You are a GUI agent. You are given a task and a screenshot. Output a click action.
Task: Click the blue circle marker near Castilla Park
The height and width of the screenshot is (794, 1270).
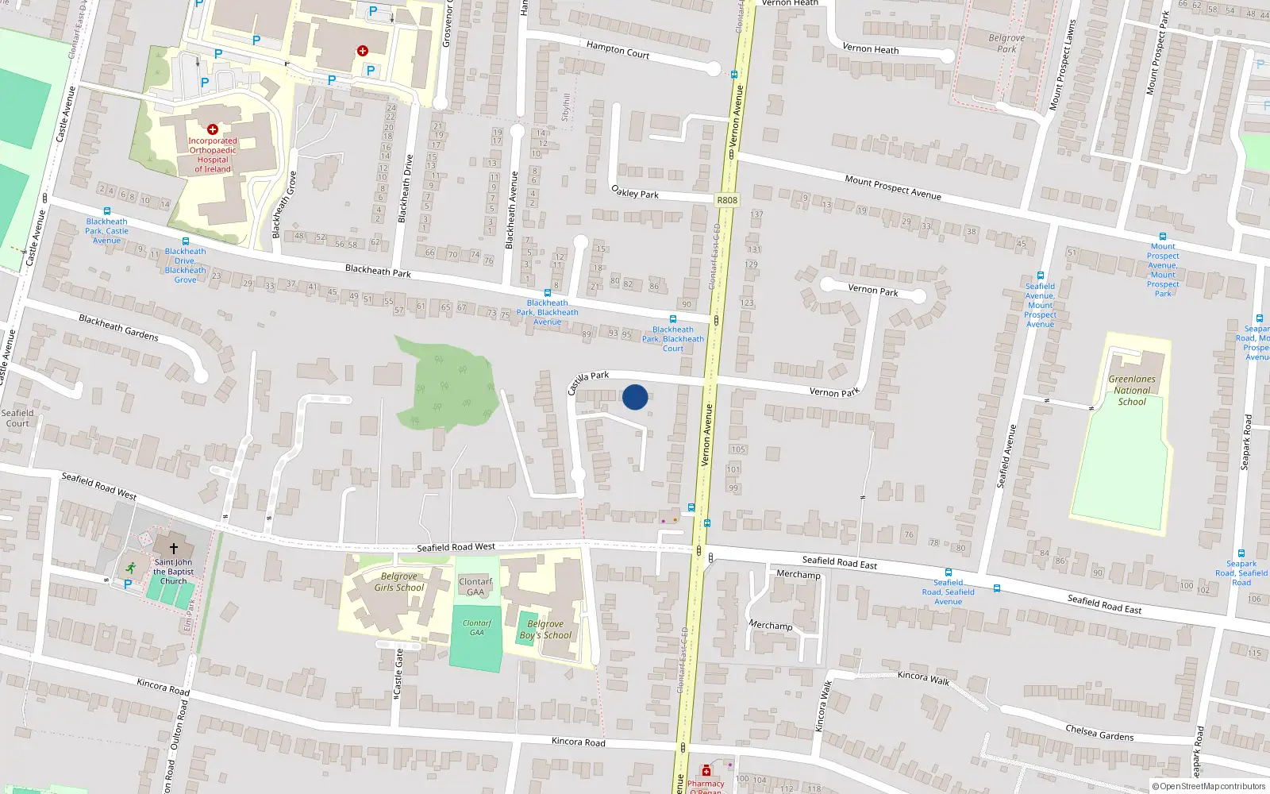click(635, 397)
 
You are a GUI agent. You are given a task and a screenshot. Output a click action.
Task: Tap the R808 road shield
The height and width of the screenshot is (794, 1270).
click(726, 200)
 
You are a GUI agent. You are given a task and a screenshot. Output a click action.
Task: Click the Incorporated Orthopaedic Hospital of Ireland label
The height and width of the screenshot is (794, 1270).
click(213, 155)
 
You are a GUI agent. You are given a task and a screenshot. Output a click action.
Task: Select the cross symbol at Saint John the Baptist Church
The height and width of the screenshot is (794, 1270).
click(174, 548)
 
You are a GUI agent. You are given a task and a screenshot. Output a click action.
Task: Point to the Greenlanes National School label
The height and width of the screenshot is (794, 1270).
click(1132, 390)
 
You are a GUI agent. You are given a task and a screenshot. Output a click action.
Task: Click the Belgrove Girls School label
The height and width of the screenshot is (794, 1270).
click(399, 582)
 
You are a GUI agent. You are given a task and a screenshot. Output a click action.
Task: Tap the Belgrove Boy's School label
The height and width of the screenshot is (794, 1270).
click(545, 630)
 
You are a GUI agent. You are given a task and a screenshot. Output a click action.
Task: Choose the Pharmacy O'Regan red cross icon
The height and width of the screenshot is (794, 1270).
click(706, 771)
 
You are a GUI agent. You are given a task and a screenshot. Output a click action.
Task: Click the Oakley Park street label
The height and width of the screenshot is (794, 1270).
click(635, 191)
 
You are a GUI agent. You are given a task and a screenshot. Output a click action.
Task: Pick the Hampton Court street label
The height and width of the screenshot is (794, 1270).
click(618, 50)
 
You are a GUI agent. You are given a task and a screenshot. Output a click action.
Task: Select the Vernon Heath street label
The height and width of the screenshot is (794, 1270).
click(871, 49)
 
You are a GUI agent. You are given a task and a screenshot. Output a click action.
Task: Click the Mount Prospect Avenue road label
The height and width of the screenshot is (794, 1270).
click(893, 187)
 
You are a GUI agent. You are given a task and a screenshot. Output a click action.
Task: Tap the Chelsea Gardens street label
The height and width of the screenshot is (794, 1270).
click(1099, 732)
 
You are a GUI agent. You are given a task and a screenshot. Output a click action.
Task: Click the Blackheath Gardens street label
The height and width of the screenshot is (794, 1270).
click(118, 327)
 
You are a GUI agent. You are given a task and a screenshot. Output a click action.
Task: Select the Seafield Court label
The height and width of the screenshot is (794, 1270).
click(17, 418)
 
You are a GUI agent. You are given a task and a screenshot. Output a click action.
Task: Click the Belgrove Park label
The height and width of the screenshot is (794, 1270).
click(1006, 43)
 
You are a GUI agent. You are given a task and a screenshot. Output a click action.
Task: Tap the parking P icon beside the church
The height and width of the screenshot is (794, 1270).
click(128, 584)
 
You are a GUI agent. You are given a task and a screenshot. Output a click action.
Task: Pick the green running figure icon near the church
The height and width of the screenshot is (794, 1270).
click(130, 568)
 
